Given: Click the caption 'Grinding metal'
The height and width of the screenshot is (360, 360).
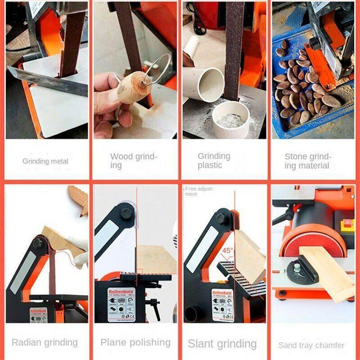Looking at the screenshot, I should [45, 161].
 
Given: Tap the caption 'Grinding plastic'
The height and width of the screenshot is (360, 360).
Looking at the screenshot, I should [214, 161].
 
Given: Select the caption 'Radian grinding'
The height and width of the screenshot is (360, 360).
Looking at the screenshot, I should [45, 342].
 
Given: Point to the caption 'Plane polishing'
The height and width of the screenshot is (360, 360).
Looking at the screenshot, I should [135, 342].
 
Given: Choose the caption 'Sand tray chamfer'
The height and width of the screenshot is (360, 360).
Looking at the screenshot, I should [311, 346].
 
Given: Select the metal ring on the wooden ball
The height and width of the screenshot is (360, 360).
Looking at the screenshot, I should [157, 72].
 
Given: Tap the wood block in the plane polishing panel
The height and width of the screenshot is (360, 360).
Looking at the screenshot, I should [155, 259].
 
